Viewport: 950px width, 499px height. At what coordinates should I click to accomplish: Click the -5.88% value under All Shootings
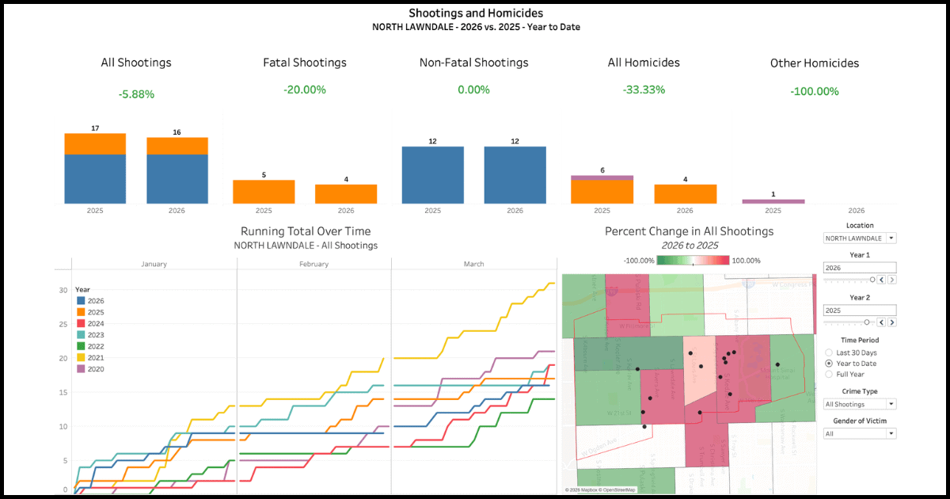[136, 94]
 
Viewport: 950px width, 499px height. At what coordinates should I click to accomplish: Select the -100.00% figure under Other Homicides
[814, 91]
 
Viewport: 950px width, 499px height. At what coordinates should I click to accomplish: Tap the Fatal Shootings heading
[305, 63]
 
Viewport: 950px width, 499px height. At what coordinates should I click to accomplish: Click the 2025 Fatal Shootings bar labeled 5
[264, 192]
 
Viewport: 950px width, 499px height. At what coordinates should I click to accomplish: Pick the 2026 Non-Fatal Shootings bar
[515, 175]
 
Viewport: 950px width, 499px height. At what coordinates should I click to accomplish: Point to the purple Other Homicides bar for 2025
[773, 201]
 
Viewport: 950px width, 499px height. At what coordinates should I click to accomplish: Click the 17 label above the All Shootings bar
[95, 128]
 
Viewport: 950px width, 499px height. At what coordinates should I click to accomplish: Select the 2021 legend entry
[95, 357]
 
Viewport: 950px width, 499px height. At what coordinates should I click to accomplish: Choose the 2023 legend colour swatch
[81, 335]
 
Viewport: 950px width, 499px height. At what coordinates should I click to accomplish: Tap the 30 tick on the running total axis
[63, 290]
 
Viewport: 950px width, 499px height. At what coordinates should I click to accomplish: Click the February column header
[313, 264]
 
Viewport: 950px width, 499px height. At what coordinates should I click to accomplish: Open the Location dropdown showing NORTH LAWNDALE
[860, 238]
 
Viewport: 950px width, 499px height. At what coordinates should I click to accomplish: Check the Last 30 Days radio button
[829, 352]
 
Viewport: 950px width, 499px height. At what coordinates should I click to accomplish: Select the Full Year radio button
[829, 374]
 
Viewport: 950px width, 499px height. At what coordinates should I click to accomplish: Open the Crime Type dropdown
[860, 404]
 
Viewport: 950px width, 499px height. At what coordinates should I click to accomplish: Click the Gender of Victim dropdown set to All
[860, 433]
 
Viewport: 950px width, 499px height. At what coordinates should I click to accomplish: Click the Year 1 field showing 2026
[860, 268]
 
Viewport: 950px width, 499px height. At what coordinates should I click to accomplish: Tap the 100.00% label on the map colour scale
[745, 261]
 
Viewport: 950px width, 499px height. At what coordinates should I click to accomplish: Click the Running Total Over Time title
[306, 231]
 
